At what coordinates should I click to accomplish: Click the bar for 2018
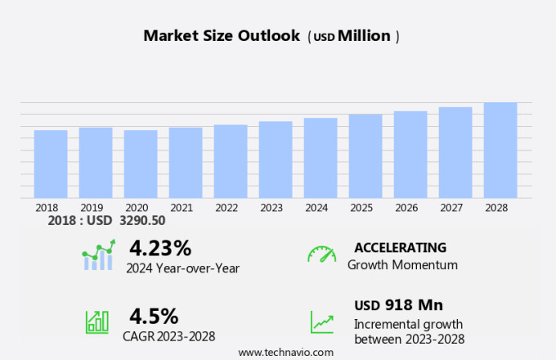(x=51, y=164)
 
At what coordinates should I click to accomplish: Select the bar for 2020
(x=141, y=164)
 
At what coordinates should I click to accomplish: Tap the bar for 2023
(x=276, y=160)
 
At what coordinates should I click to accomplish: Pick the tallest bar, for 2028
(x=500, y=150)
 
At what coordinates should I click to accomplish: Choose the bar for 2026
(x=410, y=155)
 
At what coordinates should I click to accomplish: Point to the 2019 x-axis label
(x=91, y=208)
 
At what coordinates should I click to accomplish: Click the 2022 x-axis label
(x=226, y=208)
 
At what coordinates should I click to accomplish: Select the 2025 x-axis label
(x=361, y=208)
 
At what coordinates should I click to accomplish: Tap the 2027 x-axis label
(x=451, y=208)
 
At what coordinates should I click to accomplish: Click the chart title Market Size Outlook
(x=221, y=36)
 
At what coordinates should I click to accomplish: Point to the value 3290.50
(x=142, y=221)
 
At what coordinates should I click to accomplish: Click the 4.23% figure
(x=160, y=247)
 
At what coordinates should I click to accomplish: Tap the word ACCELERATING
(x=400, y=247)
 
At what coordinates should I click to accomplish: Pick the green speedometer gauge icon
(x=321, y=254)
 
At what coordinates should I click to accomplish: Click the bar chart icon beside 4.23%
(x=99, y=255)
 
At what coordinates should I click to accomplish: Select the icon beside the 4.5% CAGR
(x=97, y=322)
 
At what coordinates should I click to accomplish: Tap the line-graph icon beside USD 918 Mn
(x=321, y=322)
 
